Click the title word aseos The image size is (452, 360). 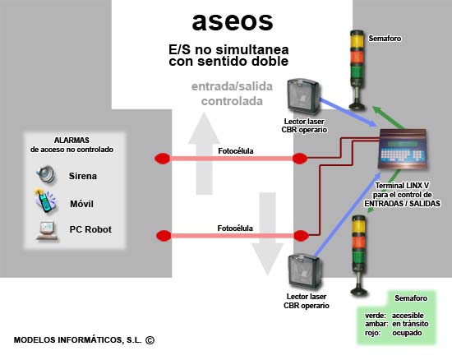[x=233, y=22]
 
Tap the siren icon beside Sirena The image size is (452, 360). [x=46, y=174]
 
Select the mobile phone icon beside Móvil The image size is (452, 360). [x=44, y=201]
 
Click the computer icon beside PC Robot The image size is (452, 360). [x=47, y=231]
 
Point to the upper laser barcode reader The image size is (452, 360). [x=304, y=97]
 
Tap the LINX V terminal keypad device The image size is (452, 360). [x=402, y=149]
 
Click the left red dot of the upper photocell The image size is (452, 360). [x=162, y=159]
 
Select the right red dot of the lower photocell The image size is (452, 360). [x=301, y=236]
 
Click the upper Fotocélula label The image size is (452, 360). [x=236, y=151]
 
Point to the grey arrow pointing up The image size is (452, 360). [x=204, y=154]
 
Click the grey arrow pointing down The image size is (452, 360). [x=268, y=233]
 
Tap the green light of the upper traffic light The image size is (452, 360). [x=357, y=72]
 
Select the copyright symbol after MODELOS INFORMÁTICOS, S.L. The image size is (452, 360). [x=150, y=340]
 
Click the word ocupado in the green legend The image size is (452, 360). [x=407, y=333]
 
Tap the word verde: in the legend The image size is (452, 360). [x=376, y=316]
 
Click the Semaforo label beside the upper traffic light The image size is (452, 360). [x=385, y=39]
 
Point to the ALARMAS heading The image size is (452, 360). [x=71, y=140]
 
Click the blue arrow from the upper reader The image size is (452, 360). [x=348, y=113]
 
